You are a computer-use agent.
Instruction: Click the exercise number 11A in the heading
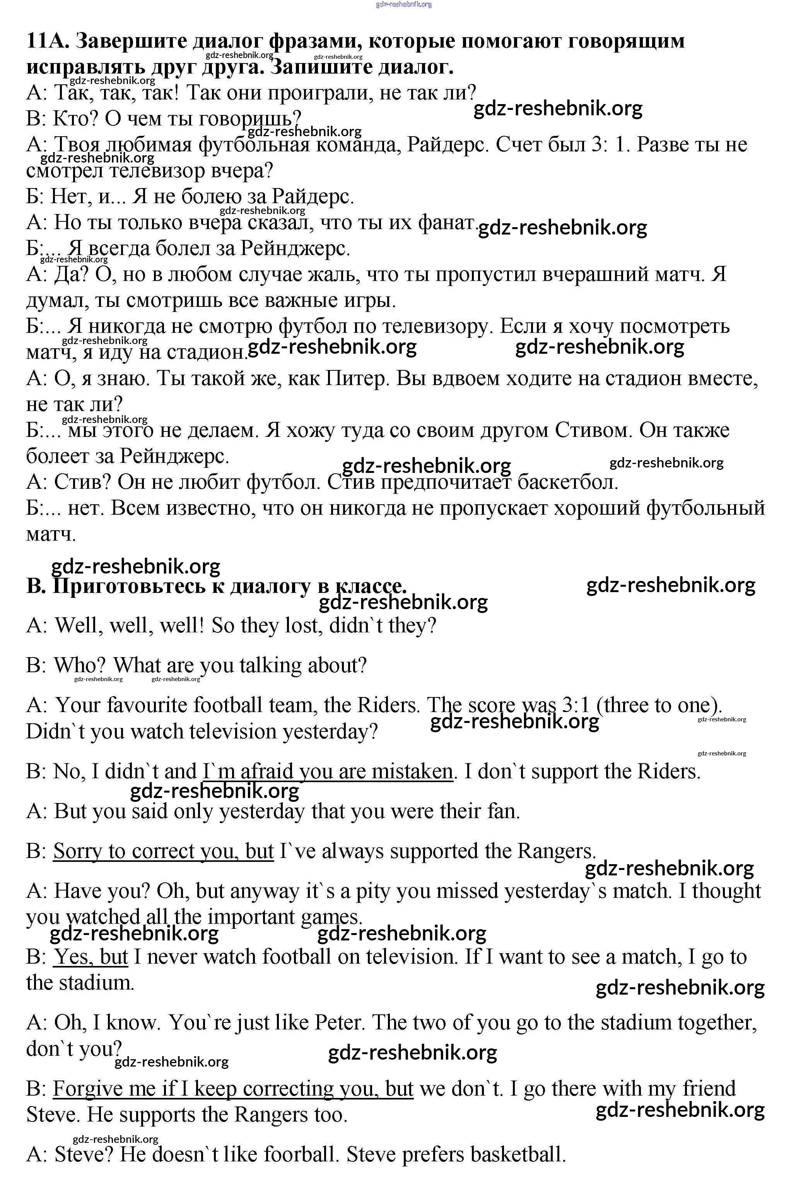pyautogui.click(x=47, y=40)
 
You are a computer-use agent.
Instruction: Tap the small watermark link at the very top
pyautogui.click(x=404, y=4)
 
